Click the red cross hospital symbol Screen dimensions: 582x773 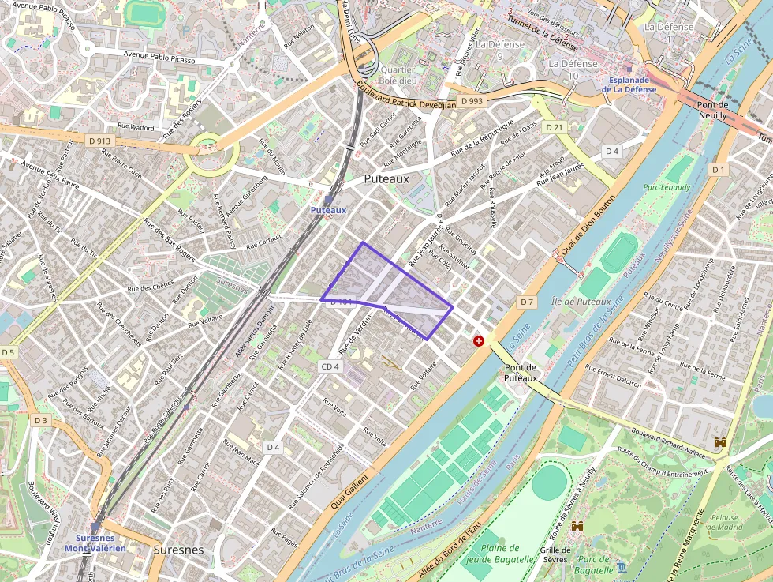pos(478,340)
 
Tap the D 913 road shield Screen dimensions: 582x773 pos(100,141)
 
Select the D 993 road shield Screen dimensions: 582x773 pos(472,101)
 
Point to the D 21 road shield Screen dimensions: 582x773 pos(555,127)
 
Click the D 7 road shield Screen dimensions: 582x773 pos(527,302)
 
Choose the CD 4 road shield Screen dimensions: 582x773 pos(330,366)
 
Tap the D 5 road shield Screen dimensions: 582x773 pos(8,352)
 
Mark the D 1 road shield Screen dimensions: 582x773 pos(718,170)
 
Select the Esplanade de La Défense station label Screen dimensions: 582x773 pos(629,84)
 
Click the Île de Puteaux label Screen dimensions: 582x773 pos(582,301)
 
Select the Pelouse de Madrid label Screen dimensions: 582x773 pos(724,524)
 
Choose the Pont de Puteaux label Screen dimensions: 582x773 pos(521,373)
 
